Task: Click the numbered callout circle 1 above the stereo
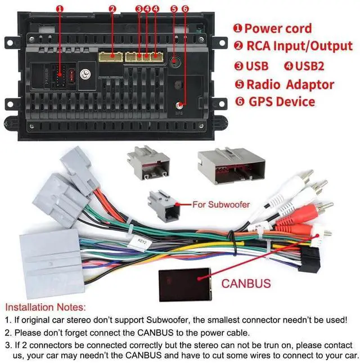tap(60, 9)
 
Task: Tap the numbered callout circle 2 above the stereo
tap(112, 9)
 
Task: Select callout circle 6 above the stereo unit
tap(186, 9)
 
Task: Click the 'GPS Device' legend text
tap(281, 102)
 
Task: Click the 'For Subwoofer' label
tap(221, 204)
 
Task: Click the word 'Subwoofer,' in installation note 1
tap(174, 320)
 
